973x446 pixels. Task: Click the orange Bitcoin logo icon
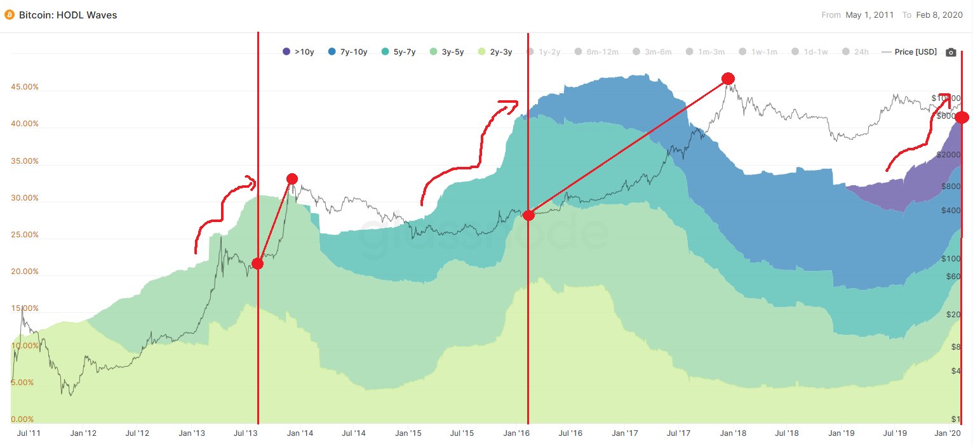pos(9,15)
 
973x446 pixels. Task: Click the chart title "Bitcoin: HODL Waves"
pos(67,15)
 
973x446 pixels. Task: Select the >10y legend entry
pos(298,52)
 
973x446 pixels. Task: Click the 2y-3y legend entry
pos(495,52)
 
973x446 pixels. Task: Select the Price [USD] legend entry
pos(909,52)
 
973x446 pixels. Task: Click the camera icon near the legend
pos(951,52)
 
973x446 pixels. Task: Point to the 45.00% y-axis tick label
pos(25,87)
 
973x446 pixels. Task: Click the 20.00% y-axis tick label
pos(25,272)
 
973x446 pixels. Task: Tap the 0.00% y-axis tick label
pos(23,419)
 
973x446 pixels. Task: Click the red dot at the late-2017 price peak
pos(728,78)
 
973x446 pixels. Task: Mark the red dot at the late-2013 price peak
pos(292,179)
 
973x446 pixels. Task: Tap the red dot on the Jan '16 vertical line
pos(528,215)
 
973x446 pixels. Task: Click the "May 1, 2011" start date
pos(870,15)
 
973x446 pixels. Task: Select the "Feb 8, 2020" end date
pos(939,15)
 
